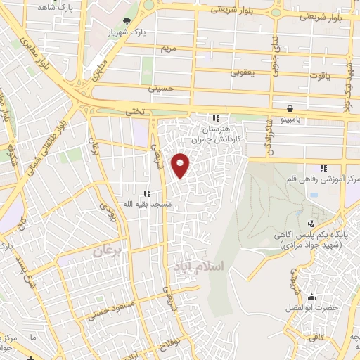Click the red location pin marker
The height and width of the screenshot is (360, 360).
[181, 165]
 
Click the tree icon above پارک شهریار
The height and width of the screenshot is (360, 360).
[127, 21]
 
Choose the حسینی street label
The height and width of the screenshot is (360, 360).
[160, 89]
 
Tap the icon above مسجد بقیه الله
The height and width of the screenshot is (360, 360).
[146, 193]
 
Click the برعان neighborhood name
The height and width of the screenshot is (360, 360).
[108, 249]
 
